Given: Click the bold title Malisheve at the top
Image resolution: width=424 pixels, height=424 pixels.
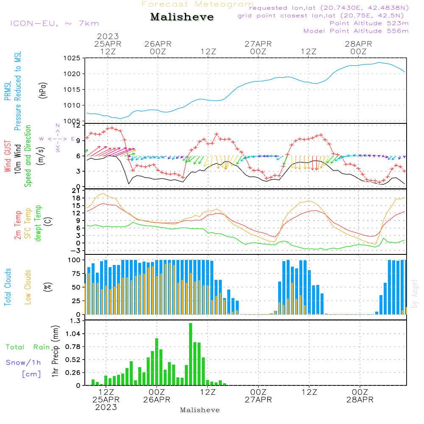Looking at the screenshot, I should (x=182, y=17).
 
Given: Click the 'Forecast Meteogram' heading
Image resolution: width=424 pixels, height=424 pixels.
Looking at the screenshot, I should (x=198, y=4).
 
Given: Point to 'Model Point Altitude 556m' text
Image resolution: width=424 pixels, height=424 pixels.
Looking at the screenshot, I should (x=356, y=31).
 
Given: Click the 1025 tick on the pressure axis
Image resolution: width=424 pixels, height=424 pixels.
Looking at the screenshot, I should (x=72, y=58).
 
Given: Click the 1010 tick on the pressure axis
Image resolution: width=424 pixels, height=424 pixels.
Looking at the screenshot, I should (x=72, y=105).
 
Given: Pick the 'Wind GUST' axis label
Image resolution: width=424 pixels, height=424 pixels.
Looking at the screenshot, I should (x=8, y=156).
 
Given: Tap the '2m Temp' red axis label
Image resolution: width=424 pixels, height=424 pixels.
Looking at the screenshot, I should (x=18, y=225).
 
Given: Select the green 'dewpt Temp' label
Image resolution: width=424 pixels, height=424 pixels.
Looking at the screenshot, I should (x=39, y=223).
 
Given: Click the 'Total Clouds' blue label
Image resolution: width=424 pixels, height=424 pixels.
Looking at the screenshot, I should (x=8, y=287).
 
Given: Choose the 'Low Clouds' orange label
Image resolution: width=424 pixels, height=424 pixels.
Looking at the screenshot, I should (x=28, y=287).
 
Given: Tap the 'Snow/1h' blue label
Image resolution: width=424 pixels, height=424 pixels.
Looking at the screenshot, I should (x=24, y=363).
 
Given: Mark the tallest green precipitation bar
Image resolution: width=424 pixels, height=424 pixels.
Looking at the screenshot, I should (x=191, y=354).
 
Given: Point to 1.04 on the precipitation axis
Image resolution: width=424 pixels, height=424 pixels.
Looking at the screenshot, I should (x=71, y=334).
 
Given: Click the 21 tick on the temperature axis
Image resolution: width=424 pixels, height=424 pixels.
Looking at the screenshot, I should (x=76, y=191).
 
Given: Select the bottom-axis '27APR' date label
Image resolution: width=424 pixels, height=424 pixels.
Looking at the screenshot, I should (x=258, y=400).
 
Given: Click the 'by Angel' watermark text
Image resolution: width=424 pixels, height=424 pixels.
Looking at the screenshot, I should (x=415, y=295).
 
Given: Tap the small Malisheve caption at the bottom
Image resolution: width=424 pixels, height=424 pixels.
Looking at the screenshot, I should (x=200, y=410).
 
